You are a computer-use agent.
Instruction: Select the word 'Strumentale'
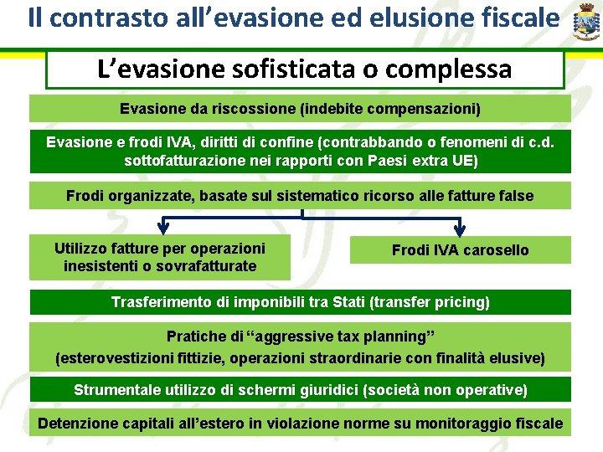coord(115,389)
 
